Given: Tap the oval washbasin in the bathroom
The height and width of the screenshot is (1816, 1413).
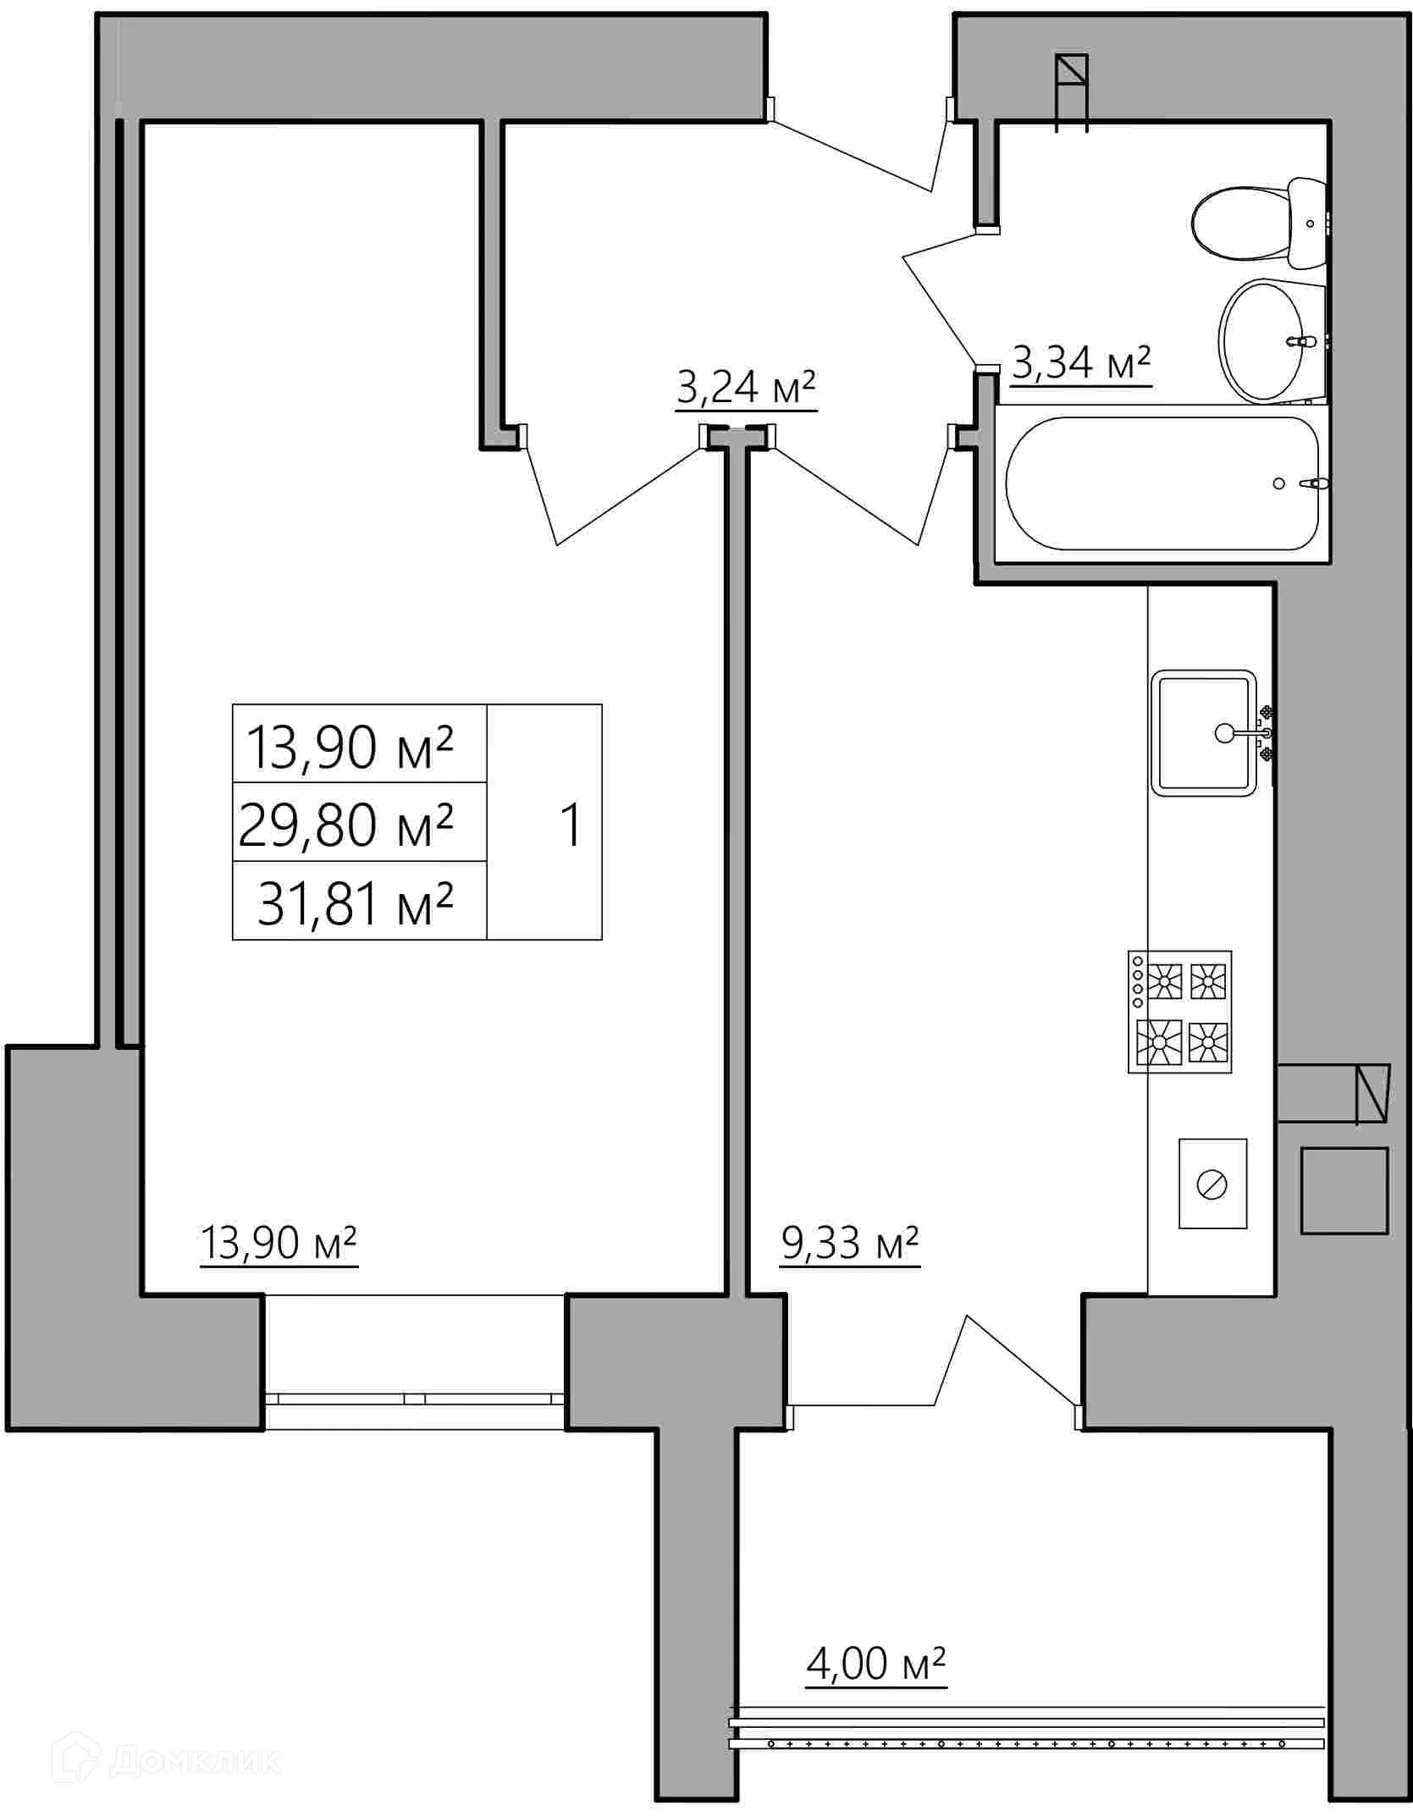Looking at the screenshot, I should click(x=1263, y=341).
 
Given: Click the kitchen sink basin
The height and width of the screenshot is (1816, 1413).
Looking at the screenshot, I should click(x=1203, y=733).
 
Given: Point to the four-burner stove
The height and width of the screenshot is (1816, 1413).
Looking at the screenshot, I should click(x=1179, y=1012).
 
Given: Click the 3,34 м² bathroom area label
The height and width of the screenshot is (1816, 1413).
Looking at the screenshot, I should click(x=1081, y=364).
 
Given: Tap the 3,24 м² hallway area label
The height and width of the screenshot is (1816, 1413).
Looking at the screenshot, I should click(x=745, y=389).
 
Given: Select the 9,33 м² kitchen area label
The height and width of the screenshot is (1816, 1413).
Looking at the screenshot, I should click(x=849, y=1243).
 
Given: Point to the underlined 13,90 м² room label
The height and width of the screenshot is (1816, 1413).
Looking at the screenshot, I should click(x=279, y=1243).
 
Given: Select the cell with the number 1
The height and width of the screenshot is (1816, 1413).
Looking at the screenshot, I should click(x=572, y=824).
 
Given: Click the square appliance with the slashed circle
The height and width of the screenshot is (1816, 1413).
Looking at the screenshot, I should click(x=1212, y=1184).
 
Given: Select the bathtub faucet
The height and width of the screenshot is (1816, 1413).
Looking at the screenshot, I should click(x=1315, y=483).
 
